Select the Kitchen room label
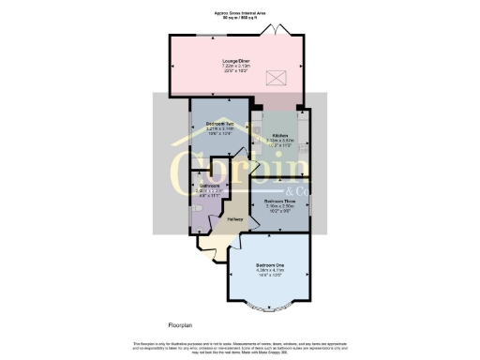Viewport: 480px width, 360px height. point(280,135)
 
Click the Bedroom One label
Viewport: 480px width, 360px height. point(269,265)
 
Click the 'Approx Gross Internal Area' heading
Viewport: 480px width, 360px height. point(240,14)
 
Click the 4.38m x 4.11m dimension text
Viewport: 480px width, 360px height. point(269,271)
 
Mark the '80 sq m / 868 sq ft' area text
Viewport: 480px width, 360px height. point(240,19)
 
